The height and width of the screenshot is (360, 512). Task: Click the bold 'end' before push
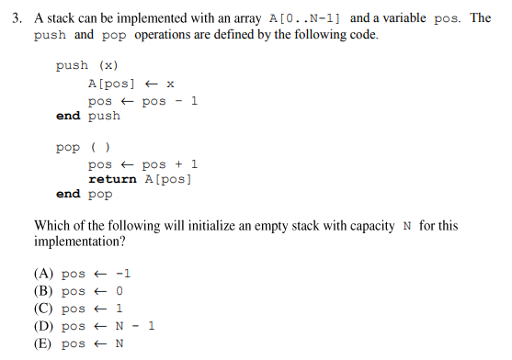click(68, 116)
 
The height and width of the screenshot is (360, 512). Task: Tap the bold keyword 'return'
click(112, 179)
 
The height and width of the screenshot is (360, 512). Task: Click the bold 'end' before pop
click(68, 195)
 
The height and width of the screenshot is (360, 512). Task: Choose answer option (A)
click(83, 274)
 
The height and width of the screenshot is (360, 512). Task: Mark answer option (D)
click(94, 326)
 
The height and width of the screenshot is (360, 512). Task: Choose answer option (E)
click(79, 343)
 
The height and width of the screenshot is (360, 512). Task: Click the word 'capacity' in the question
click(365, 227)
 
